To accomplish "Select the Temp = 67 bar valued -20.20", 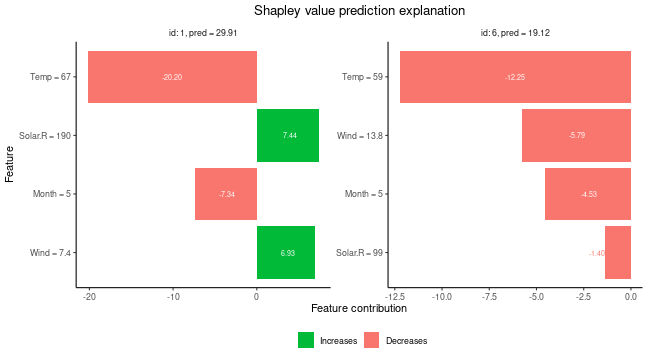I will coord(172,76).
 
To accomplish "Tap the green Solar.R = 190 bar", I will coord(288,135).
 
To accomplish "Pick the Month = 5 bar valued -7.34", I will coord(226,194).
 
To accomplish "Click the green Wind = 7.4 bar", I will coord(286,253).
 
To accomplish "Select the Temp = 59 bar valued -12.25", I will coord(515,76).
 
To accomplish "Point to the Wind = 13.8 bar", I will coord(576,135).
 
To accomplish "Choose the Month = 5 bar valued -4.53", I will coord(588,194).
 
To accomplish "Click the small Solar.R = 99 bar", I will coord(618,253).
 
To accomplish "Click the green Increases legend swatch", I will coord(306,340).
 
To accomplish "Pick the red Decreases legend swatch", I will coord(372,340).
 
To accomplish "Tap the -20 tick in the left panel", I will coord(89,296).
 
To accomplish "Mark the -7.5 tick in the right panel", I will coord(488,296).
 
